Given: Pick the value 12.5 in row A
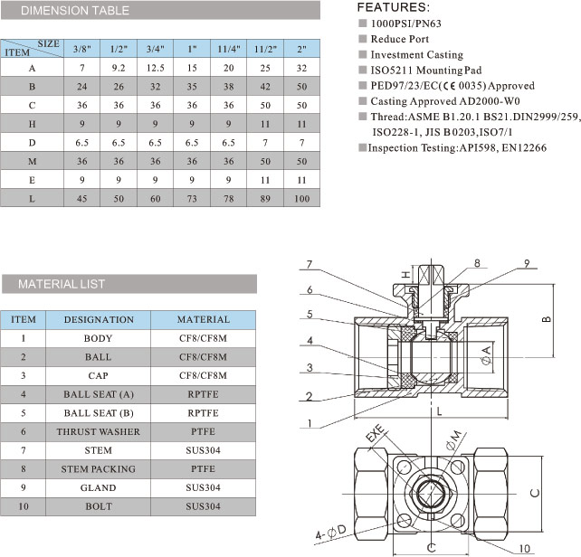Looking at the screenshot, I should [x=155, y=69].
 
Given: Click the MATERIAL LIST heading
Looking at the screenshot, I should [x=62, y=284].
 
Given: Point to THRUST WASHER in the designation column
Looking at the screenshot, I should [x=99, y=431].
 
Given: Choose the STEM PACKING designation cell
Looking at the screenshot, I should [x=99, y=469].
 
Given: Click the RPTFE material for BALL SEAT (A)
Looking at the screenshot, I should [x=203, y=394].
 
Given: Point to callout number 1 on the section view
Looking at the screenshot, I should [x=309, y=424].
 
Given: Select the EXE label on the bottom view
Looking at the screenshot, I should [x=372, y=442].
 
